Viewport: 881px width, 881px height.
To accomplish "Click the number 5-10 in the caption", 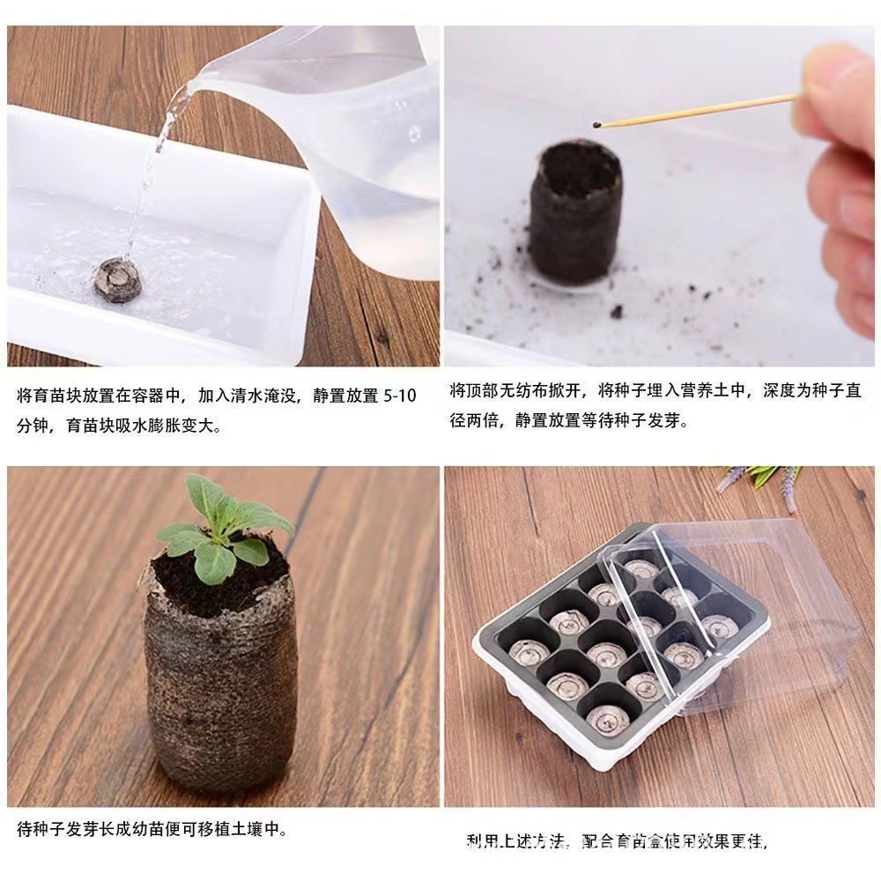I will (400, 396).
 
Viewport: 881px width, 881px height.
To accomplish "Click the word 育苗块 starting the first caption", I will (55, 396).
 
